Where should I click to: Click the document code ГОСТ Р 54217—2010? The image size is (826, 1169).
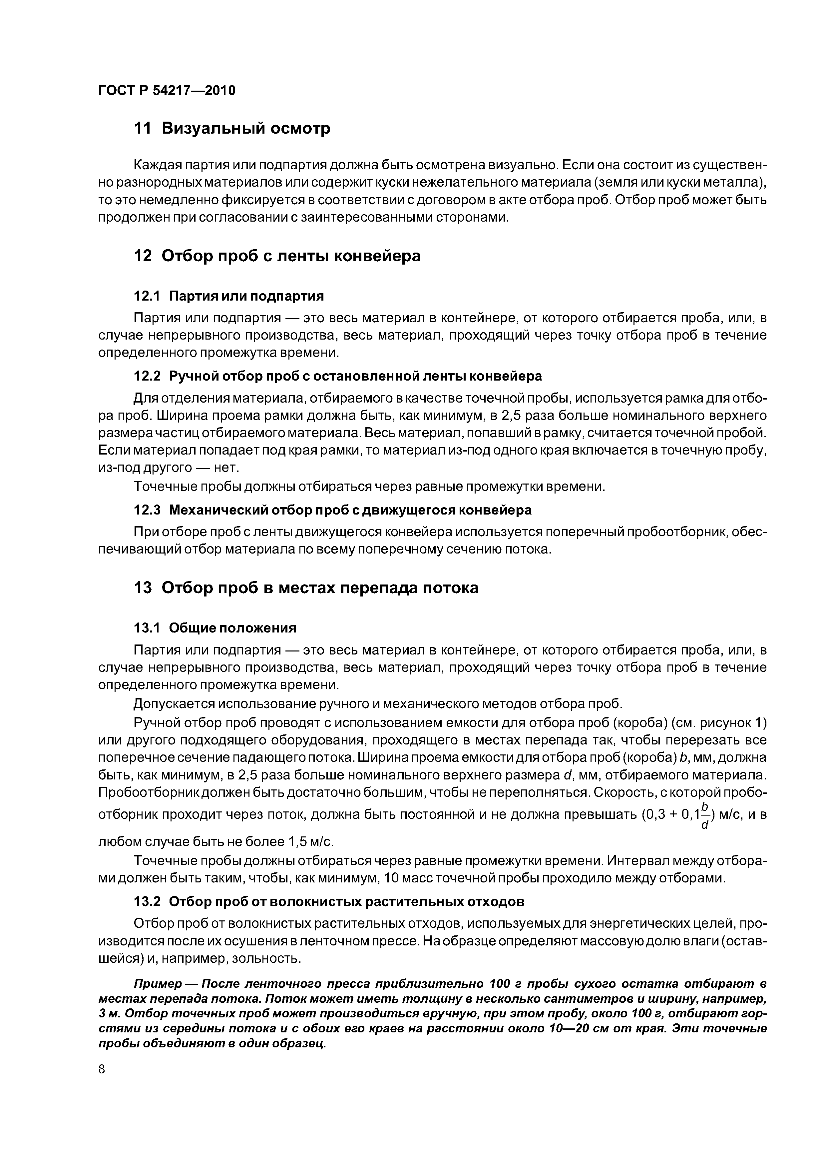pos(167,91)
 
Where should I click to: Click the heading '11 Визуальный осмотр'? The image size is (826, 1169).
pos(231,128)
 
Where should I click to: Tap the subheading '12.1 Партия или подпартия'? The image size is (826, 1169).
pos(228,296)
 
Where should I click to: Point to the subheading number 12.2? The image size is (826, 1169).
pos(147,376)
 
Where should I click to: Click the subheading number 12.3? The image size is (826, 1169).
pos(147,510)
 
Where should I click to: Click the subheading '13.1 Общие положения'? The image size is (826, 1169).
pos(215,628)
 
